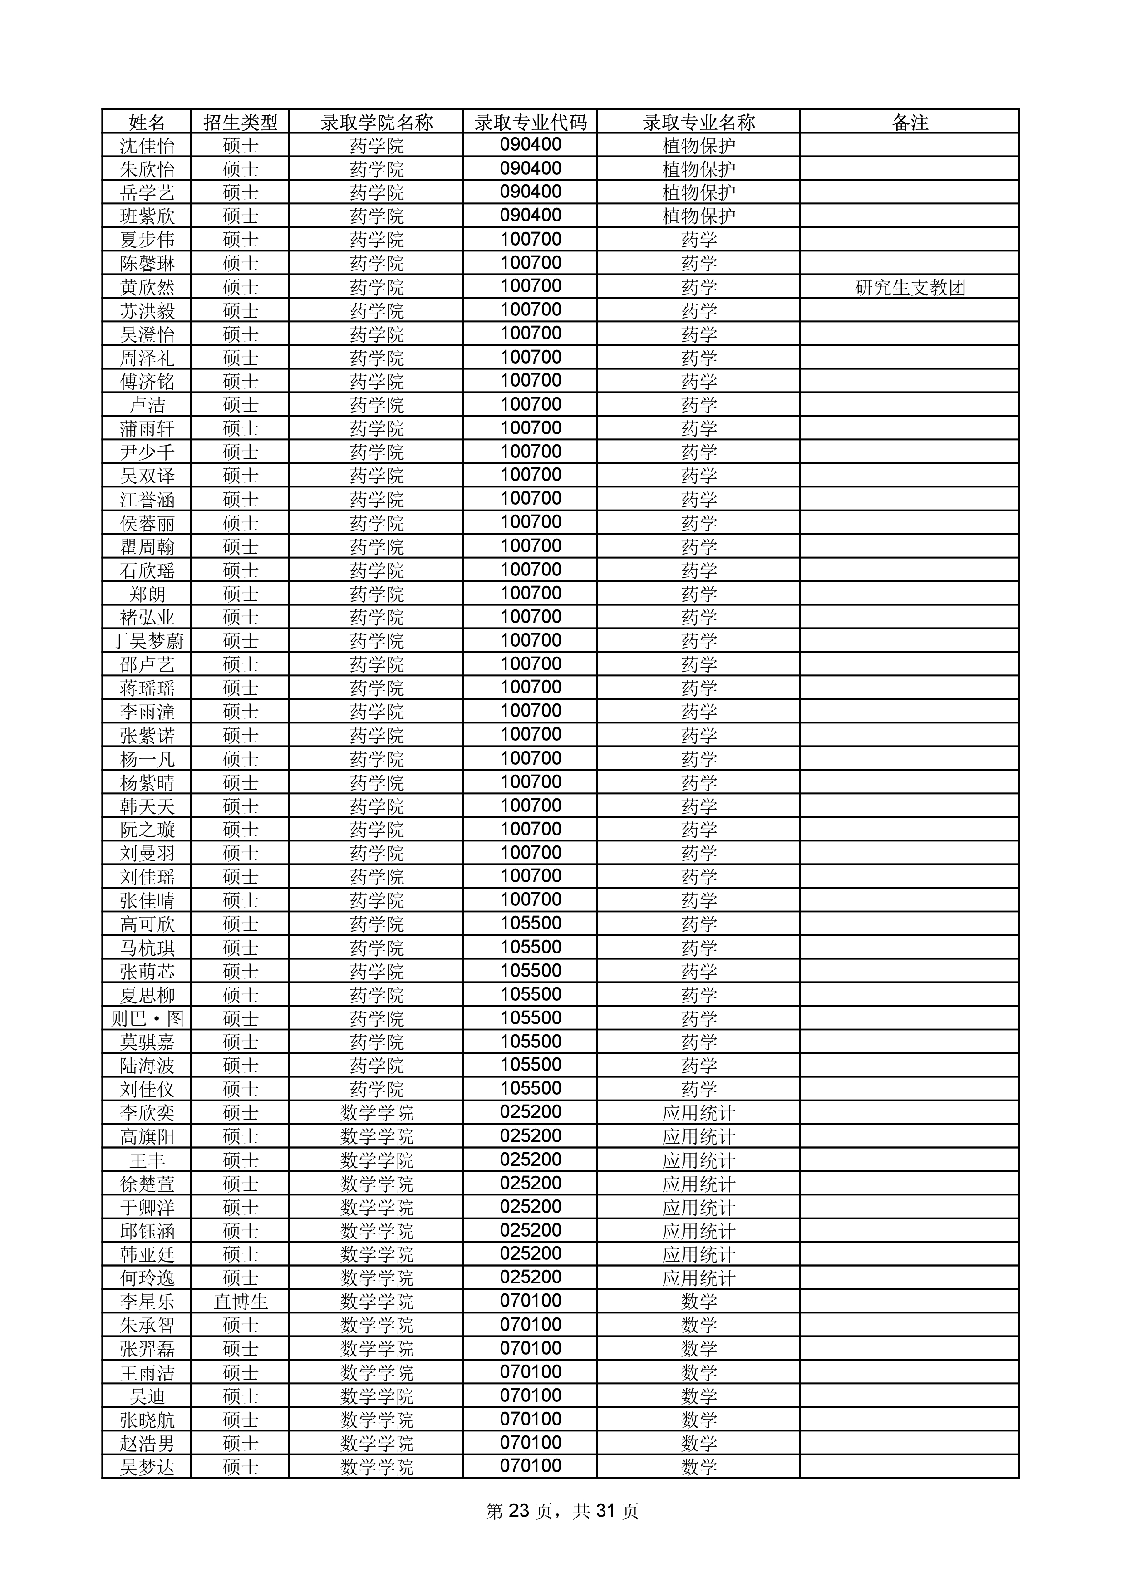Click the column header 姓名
coord(147,123)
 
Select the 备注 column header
coord(910,123)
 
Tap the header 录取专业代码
coord(531,123)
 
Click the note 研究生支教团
coord(910,287)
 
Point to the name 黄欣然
coord(147,287)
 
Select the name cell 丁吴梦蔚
coord(147,641)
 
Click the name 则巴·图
coord(147,1018)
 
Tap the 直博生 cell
coord(241,1302)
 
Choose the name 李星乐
coord(147,1302)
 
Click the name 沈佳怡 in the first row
coord(147,146)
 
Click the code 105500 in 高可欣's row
coord(531,924)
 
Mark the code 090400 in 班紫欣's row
coord(531,216)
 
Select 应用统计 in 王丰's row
coord(698,1160)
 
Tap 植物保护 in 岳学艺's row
coord(698,192)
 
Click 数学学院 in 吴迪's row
coord(377,1396)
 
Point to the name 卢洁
coord(147,405)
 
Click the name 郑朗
coord(147,594)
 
